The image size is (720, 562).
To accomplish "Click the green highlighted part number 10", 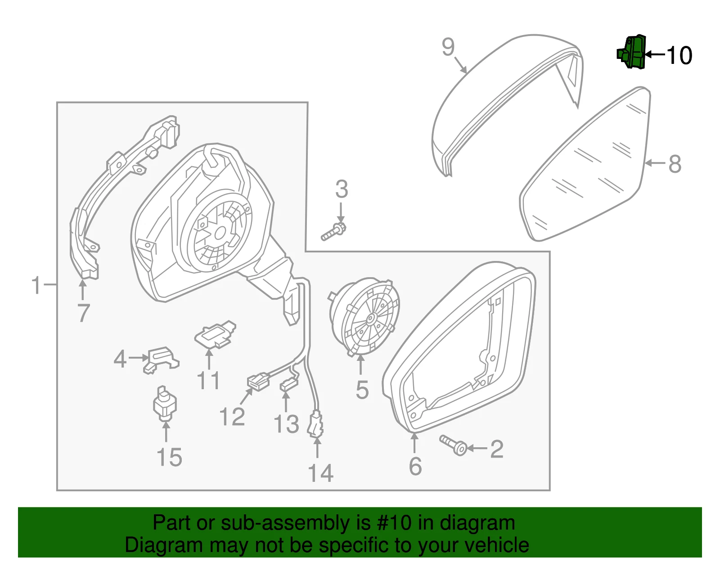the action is (631, 52).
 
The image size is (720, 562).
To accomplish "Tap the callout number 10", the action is (679, 55).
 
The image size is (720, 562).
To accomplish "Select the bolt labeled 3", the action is (333, 231).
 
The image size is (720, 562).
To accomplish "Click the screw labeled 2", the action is (453, 445).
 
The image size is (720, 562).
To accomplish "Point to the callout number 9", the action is (448, 47).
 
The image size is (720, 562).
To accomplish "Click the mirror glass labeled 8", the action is (585, 164).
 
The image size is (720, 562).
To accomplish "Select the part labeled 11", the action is (215, 334).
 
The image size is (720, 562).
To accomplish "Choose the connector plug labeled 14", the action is (315, 424).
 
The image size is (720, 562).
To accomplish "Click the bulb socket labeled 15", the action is (165, 403).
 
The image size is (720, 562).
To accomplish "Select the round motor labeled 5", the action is (364, 316).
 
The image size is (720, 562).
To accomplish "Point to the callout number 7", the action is (84, 313).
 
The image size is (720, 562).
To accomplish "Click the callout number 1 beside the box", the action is (36, 285).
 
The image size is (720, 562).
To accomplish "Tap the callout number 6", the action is (415, 466).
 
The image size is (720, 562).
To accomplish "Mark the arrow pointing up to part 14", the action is (317, 447).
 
